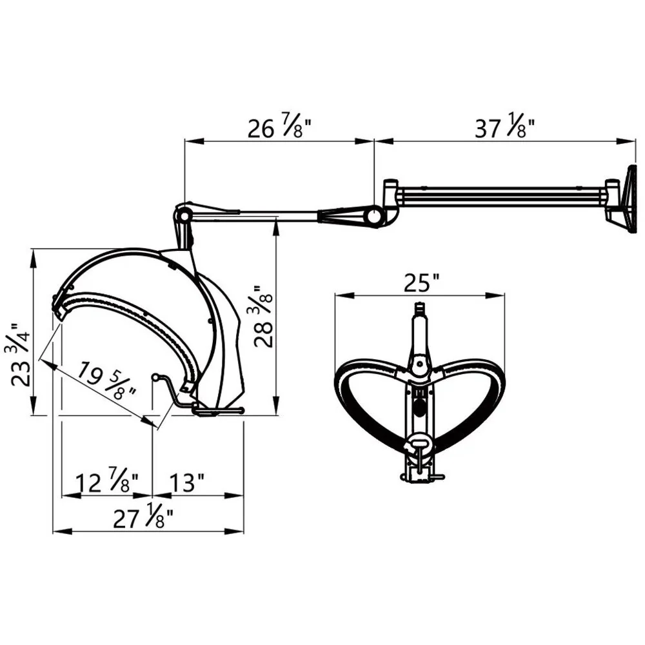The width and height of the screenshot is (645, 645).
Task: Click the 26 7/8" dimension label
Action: point(279,128)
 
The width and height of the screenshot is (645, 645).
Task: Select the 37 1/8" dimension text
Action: point(505,127)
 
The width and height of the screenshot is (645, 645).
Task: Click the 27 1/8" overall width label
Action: point(143,517)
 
